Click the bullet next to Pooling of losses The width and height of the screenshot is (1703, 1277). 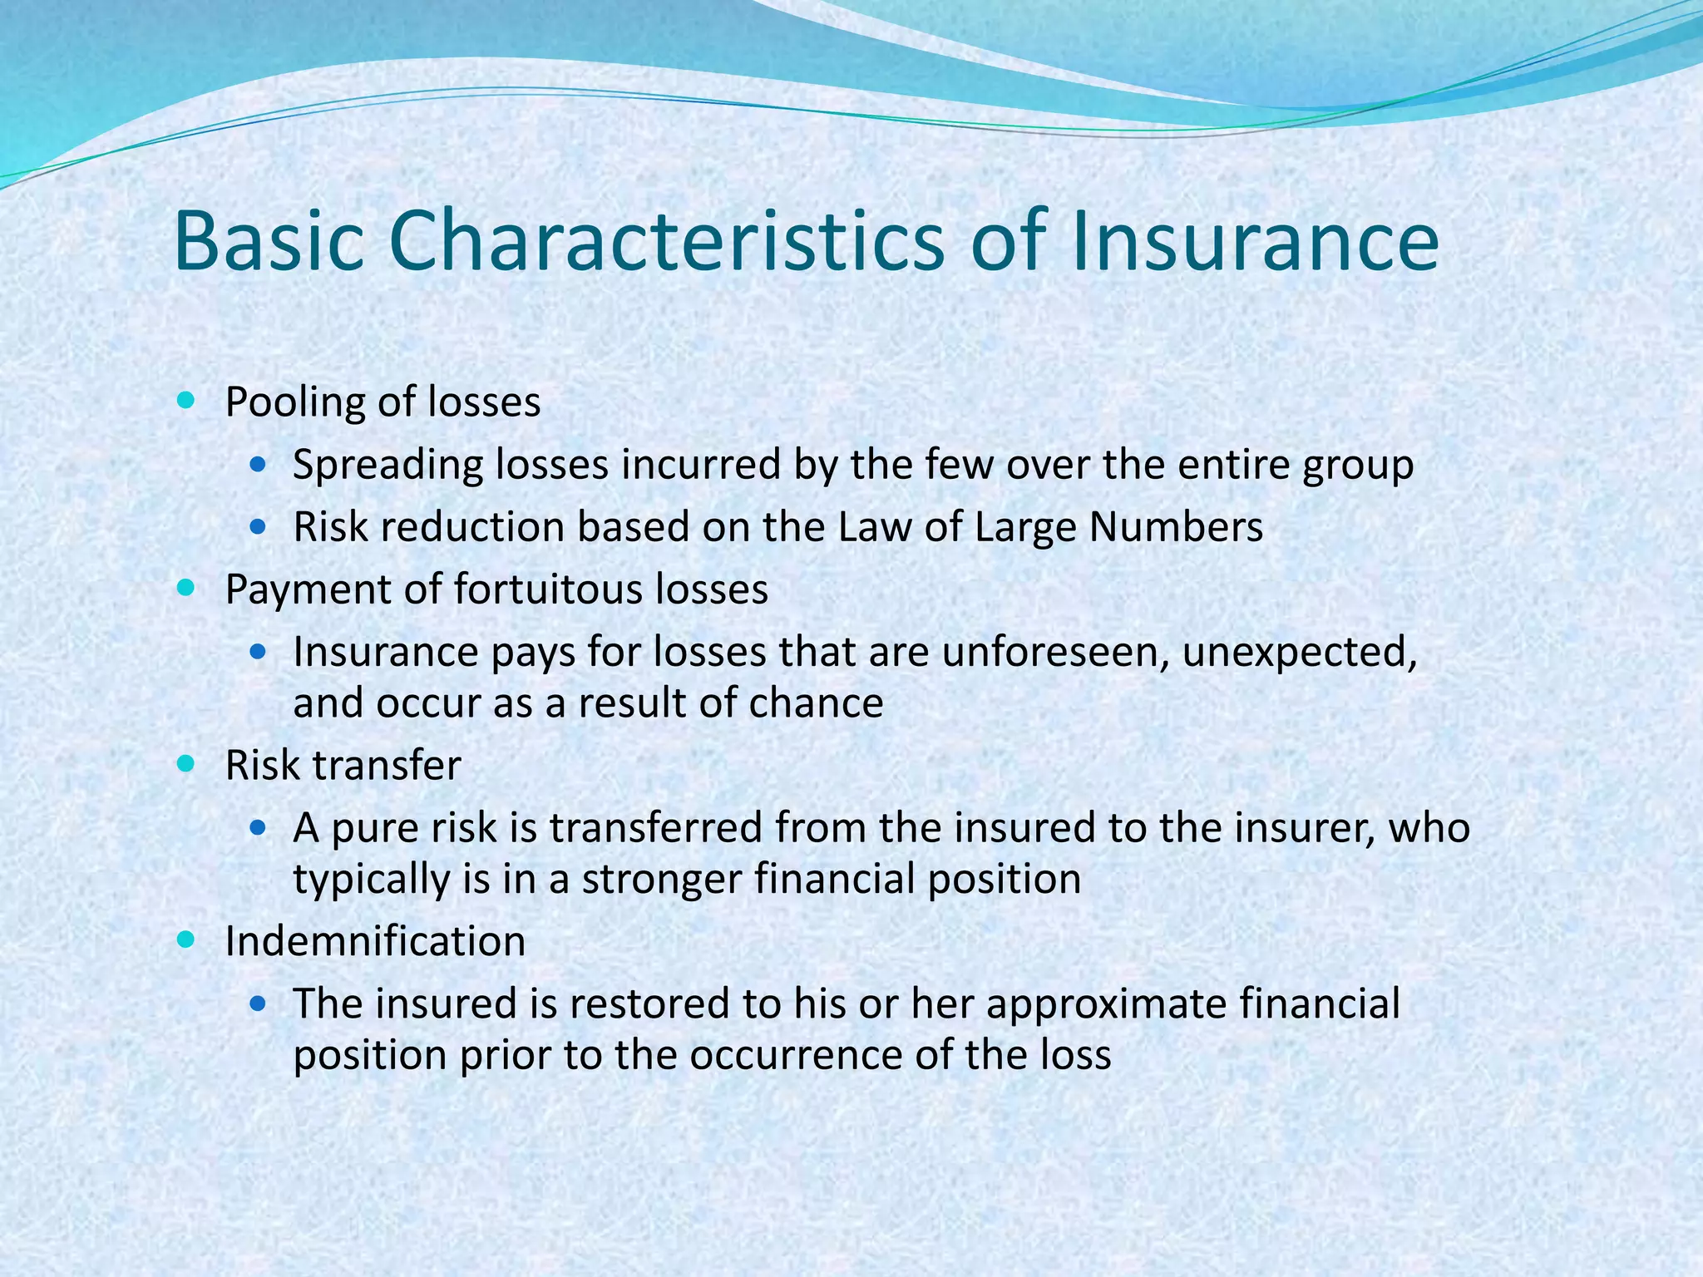186,401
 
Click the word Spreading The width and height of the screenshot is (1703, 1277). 387,466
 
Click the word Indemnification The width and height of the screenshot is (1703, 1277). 375,942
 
